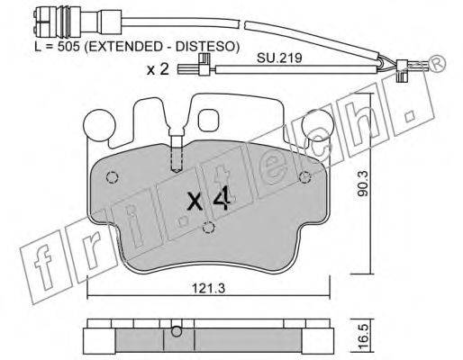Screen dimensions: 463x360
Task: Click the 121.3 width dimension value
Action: click(x=208, y=289)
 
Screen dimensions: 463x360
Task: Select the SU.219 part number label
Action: click(x=279, y=58)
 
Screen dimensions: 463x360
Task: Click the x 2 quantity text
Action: click(x=158, y=70)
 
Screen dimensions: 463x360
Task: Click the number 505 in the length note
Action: click(x=68, y=47)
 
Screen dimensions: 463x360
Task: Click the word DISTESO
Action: click(x=205, y=47)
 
